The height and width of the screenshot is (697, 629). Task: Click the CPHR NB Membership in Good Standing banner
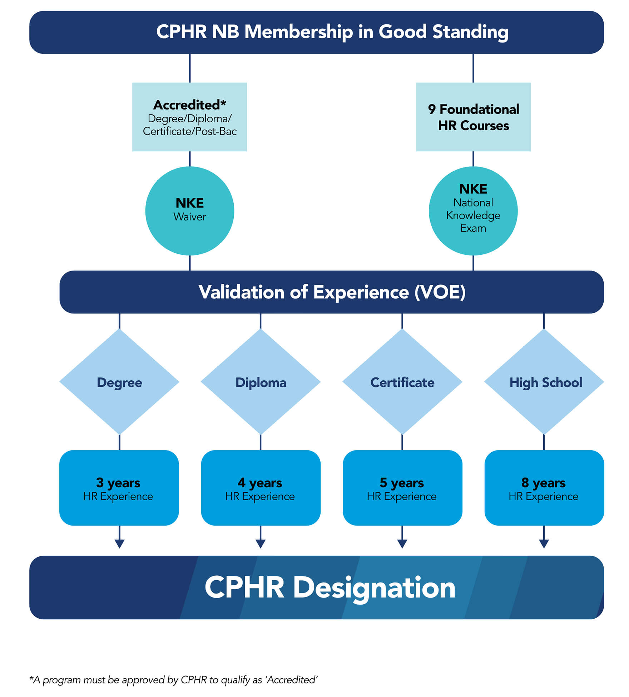(x=317, y=32)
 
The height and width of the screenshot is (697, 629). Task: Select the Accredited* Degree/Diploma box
(x=189, y=117)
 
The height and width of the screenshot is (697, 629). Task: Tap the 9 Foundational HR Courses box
(x=473, y=117)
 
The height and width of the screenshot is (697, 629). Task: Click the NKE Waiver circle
(x=189, y=211)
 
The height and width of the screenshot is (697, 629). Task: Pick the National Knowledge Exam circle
(x=473, y=211)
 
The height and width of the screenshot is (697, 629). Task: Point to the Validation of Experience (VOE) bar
(x=332, y=292)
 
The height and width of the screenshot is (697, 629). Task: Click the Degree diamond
(x=119, y=382)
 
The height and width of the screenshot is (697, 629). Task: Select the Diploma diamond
(x=261, y=382)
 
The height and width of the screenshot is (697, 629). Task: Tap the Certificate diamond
(x=402, y=382)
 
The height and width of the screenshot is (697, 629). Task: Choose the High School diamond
(x=544, y=382)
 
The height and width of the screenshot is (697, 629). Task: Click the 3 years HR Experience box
(x=119, y=488)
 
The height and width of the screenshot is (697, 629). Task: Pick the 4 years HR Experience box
(x=261, y=488)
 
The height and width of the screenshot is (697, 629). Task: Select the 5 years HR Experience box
(x=402, y=488)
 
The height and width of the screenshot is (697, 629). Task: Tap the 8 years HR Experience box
(x=544, y=488)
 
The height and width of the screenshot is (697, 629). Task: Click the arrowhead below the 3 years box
(x=119, y=544)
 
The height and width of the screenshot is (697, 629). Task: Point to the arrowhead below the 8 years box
(x=544, y=544)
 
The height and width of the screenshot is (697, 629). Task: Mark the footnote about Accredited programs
(x=174, y=679)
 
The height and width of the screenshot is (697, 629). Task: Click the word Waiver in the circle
(x=189, y=217)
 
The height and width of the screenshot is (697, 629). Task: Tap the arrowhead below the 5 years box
(x=402, y=544)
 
